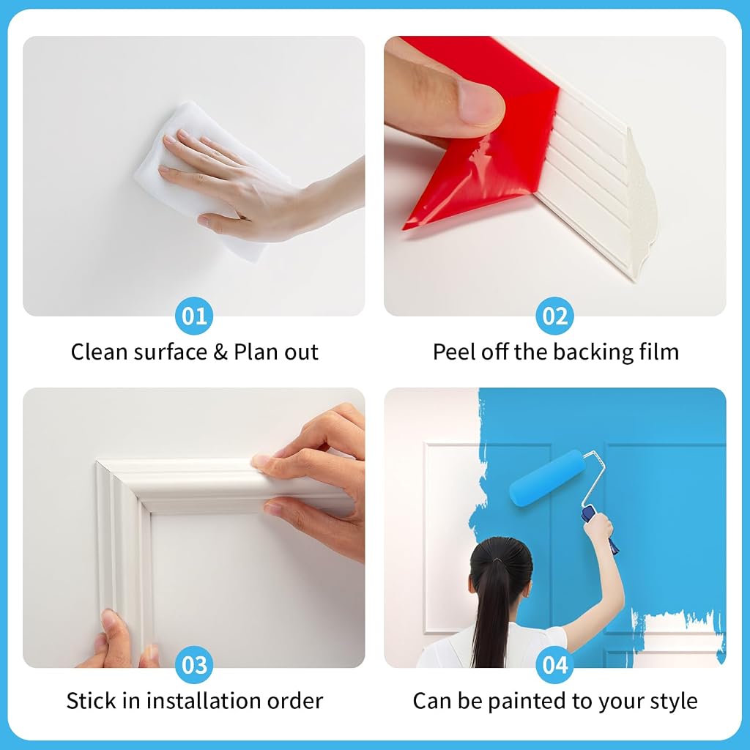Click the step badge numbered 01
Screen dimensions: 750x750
click(193, 316)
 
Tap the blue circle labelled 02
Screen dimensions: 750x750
click(555, 316)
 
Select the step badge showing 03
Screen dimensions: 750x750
click(193, 664)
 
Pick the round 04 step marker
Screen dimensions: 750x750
click(555, 664)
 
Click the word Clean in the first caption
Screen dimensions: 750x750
click(100, 352)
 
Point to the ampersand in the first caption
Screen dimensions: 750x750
click(220, 352)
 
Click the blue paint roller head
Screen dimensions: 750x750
click(546, 477)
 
